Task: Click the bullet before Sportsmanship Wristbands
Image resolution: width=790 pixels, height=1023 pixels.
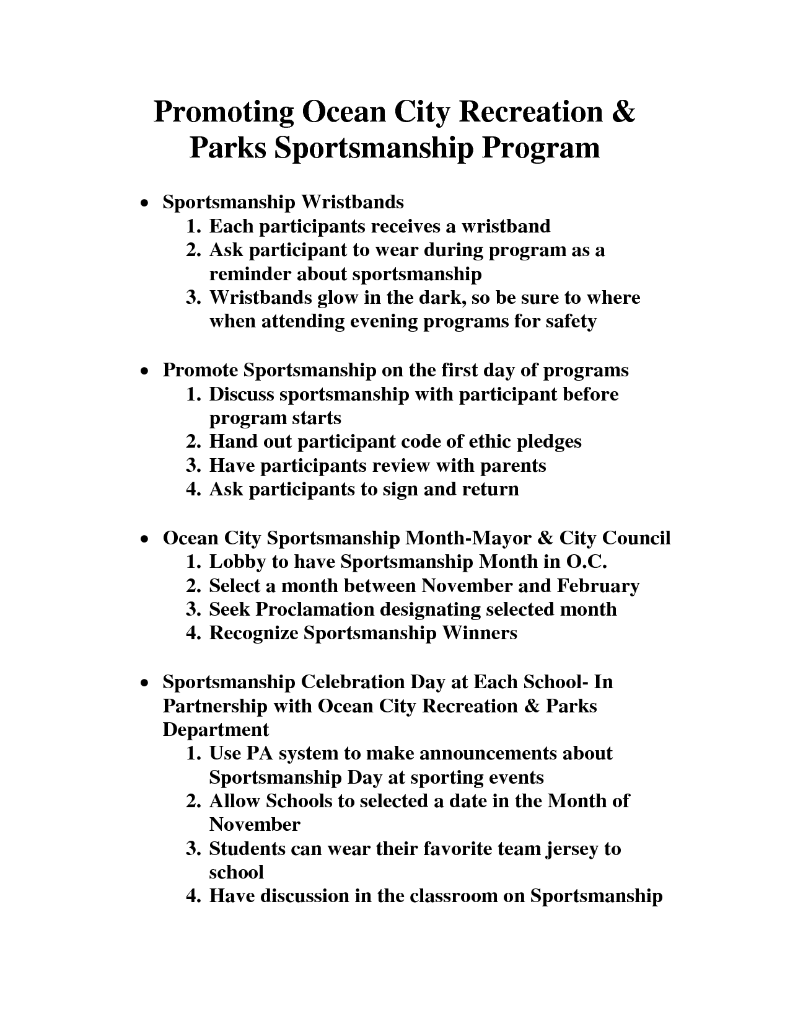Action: [144, 203]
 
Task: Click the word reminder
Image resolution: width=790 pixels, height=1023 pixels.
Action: [249, 274]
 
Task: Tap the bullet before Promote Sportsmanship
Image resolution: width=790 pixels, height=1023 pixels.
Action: [144, 371]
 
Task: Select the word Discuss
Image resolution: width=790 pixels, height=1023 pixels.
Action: [241, 394]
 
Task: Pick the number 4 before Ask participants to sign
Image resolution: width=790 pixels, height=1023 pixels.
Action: [193, 489]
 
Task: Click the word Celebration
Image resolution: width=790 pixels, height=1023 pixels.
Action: [353, 682]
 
